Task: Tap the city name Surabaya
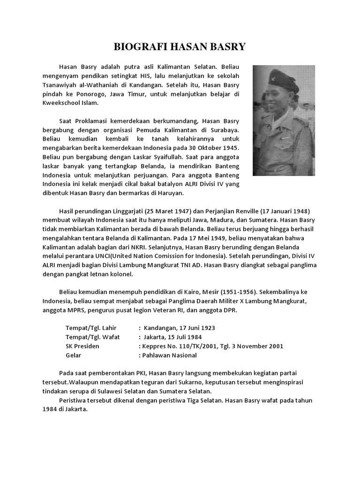click(223, 129)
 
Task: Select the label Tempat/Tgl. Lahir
click(91, 328)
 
